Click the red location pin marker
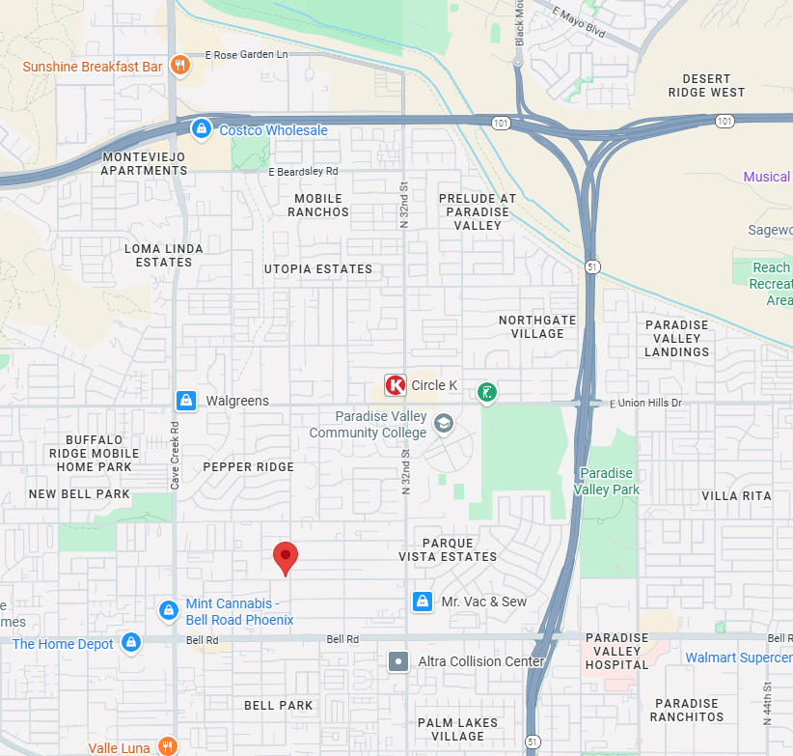286,557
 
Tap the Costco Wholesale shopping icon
201,129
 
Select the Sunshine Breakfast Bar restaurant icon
178,66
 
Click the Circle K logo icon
395,385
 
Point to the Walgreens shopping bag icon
186,400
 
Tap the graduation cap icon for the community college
443,423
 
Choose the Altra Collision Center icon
397,661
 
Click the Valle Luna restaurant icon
168,746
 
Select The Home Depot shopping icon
131,643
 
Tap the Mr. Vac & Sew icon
422,602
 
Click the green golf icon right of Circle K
487,392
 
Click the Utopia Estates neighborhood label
318,269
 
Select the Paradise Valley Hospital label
617,651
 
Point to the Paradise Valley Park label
606,482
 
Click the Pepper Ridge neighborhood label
248,467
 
